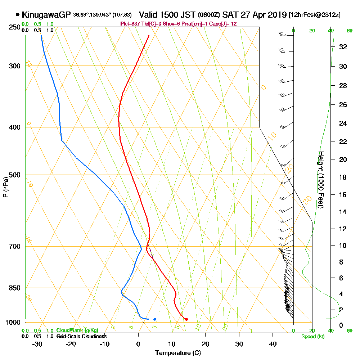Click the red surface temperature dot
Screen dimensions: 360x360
[186, 319]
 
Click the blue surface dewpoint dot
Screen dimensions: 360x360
[155, 319]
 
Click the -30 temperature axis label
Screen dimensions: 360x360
[37, 344]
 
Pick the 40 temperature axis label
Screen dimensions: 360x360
[273, 344]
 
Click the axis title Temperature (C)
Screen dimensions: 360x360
[178, 353]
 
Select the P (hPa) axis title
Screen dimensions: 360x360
[5, 187]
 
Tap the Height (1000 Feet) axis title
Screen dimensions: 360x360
[320, 179]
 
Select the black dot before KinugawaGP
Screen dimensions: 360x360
[18, 15]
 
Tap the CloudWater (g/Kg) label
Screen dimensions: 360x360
[77, 330]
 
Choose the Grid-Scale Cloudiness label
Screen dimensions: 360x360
[81, 336]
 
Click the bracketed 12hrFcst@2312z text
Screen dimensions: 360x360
[315, 15]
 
